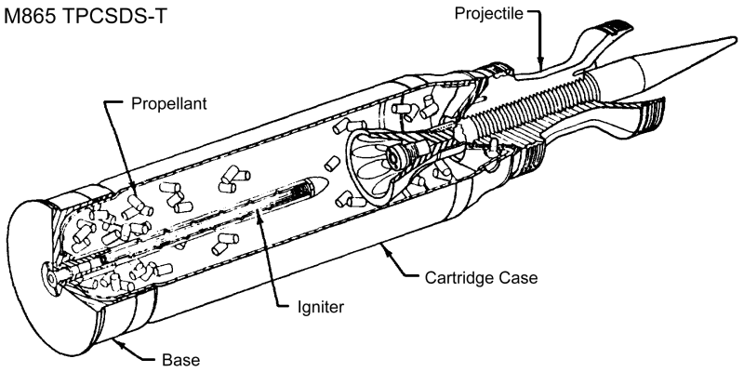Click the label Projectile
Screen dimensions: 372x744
[485, 13]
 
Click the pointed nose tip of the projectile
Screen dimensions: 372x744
[735, 38]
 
